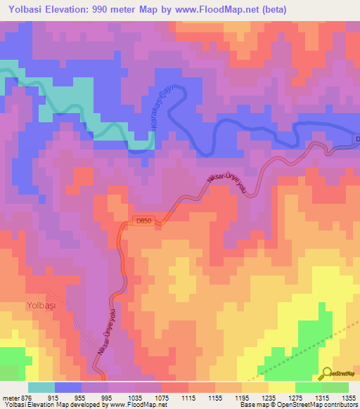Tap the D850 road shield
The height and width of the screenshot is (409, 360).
pos(143,221)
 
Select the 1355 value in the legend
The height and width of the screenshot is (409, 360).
pos(346,397)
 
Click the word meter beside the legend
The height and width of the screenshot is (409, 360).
pos(10,397)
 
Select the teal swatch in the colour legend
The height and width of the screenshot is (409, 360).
pos(41,387)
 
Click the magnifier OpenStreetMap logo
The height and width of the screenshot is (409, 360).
pos(327,372)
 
